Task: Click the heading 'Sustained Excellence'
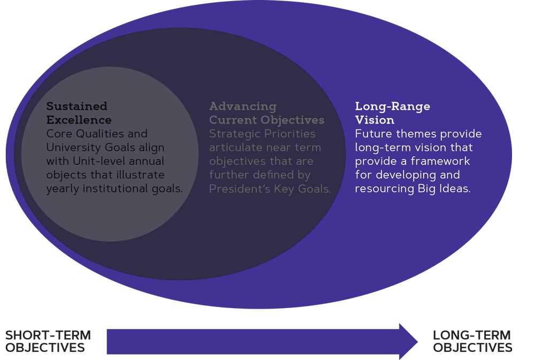[79, 113]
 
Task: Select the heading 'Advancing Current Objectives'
[266, 113]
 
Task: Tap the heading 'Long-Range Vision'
[392, 113]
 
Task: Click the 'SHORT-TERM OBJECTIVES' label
[48, 341]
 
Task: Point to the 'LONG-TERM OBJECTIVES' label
[472, 341]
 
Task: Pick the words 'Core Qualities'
[75, 134]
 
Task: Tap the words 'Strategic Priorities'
[262, 134]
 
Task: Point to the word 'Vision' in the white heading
[374, 120]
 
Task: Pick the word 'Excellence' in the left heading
[79, 120]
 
